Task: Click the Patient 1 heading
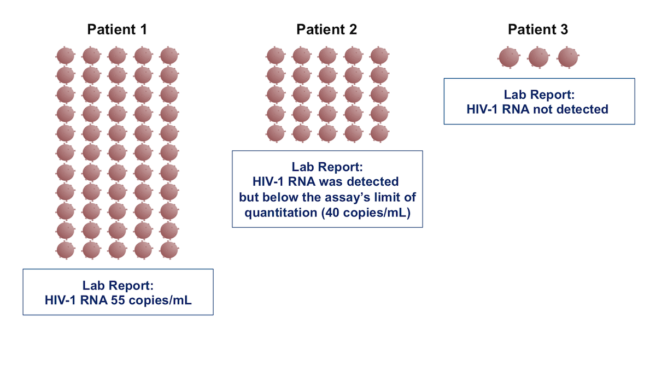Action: (x=117, y=30)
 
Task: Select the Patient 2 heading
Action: (x=326, y=30)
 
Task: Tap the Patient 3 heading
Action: (x=538, y=30)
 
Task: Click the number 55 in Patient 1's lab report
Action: (x=118, y=300)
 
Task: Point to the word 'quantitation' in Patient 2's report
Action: (x=280, y=213)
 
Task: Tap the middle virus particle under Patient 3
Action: (x=538, y=57)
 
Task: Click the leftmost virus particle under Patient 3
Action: (x=509, y=57)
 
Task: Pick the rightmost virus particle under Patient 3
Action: (x=568, y=57)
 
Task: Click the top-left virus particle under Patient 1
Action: (x=65, y=55)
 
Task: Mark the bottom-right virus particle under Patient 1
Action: (x=169, y=250)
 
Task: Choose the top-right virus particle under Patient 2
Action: (x=379, y=55)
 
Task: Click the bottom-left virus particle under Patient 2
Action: (x=276, y=133)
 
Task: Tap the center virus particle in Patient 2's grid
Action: (x=327, y=94)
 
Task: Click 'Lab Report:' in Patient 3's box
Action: (x=539, y=95)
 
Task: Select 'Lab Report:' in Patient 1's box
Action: (x=118, y=285)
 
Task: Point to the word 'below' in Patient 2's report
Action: (x=280, y=197)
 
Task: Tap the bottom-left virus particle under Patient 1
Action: (x=65, y=250)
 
